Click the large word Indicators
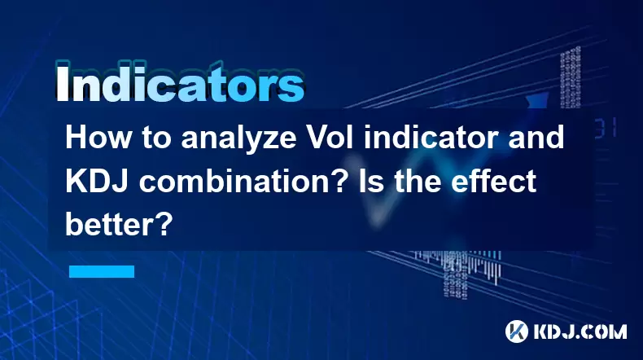[180, 83]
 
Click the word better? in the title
[118, 225]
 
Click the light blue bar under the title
[102, 271]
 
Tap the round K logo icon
[517, 331]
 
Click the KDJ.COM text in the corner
[580, 331]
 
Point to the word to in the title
[156, 138]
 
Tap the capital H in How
[75, 138]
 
